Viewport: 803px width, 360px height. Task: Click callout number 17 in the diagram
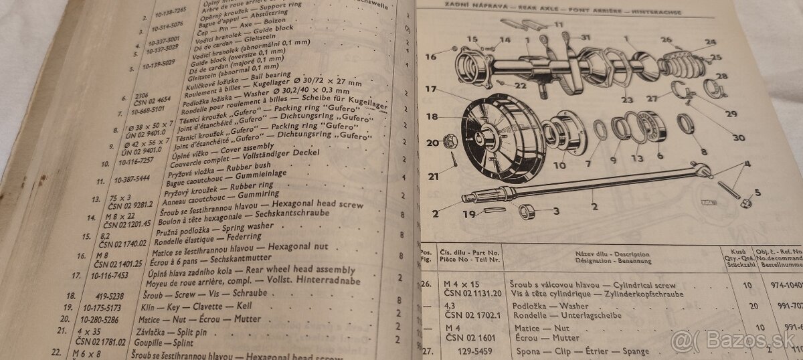point(430,89)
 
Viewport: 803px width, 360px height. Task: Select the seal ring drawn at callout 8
point(685,124)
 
